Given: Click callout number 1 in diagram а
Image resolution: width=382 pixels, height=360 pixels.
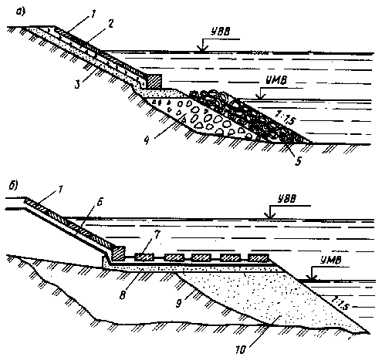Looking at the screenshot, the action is pyautogui.click(x=93, y=14).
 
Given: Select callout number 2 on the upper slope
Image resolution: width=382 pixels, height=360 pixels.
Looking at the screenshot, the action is pyautogui.click(x=110, y=25).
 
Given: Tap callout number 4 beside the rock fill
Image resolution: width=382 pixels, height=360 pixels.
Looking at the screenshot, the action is pyautogui.click(x=147, y=140).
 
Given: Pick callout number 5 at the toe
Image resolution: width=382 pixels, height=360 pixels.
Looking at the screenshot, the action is pyautogui.click(x=298, y=161).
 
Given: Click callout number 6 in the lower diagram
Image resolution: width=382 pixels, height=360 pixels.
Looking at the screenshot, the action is pyautogui.click(x=100, y=202).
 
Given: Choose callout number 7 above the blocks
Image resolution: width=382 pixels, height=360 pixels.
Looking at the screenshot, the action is pyautogui.click(x=157, y=234).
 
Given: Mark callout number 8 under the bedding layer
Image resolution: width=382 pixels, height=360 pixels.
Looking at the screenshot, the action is pyautogui.click(x=123, y=295).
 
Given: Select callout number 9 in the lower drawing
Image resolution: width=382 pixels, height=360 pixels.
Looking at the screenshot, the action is pyautogui.click(x=179, y=303).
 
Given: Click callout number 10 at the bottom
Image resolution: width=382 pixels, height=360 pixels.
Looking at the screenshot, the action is pyautogui.click(x=241, y=350).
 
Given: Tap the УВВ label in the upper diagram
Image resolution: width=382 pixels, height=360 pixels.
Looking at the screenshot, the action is pyautogui.click(x=221, y=32).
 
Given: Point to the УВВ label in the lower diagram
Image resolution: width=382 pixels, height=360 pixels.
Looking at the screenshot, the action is pyautogui.click(x=287, y=199).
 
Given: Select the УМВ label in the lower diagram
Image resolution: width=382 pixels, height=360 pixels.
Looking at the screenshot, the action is pyautogui.click(x=331, y=261).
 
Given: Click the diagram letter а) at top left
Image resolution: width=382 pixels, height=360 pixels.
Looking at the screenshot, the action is pyautogui.click(x=21, y=12).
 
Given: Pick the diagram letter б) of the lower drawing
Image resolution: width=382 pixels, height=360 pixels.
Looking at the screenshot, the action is pyautogui.click(x=13, y=186).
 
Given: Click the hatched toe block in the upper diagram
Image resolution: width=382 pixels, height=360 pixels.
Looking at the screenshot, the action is pyautogui.click(x=154, y=82).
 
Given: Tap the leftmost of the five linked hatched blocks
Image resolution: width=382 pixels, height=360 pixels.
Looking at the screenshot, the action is pyautogui.click(x=144, y=257).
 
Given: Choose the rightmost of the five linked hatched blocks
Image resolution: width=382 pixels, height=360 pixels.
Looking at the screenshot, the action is pyautogui.click(x=259, y=257).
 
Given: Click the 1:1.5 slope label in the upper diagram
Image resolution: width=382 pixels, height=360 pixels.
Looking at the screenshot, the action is pyautogui.click(x=286, y=117).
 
